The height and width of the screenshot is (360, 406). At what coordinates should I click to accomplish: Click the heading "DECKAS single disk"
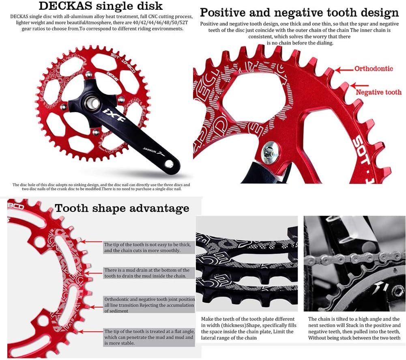point(101,6)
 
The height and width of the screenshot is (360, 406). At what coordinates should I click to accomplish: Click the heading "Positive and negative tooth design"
point(299,13)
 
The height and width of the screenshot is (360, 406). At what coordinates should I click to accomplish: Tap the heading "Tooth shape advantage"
point(122,208)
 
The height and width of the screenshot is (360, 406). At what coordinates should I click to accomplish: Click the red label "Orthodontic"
point(374,69)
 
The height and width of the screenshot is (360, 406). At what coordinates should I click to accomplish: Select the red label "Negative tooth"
point(378,92)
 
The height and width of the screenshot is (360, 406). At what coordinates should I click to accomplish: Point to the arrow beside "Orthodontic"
point(344,70)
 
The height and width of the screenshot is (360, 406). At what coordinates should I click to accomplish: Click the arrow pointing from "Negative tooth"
point(359,85)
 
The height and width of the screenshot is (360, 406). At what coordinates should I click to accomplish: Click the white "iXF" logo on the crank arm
point(114,115)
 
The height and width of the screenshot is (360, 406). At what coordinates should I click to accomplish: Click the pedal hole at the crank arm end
point(169,164)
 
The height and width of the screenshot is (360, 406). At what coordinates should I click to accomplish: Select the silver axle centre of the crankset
point(92,103)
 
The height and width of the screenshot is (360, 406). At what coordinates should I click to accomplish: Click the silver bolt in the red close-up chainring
point(270,151)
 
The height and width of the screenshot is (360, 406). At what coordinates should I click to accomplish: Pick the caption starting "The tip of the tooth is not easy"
point(147,247)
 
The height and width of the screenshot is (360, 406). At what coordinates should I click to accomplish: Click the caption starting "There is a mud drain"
point(147,273)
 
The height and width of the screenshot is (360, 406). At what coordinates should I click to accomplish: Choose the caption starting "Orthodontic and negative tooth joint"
point(149,305)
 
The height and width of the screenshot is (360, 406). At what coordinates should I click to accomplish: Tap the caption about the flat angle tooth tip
point(149,337)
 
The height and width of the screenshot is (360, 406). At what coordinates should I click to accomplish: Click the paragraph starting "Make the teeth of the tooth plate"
point(249,328)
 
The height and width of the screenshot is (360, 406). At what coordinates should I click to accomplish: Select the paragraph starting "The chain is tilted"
point(354,328)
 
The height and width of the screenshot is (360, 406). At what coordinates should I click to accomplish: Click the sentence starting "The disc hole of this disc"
point(101,187)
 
